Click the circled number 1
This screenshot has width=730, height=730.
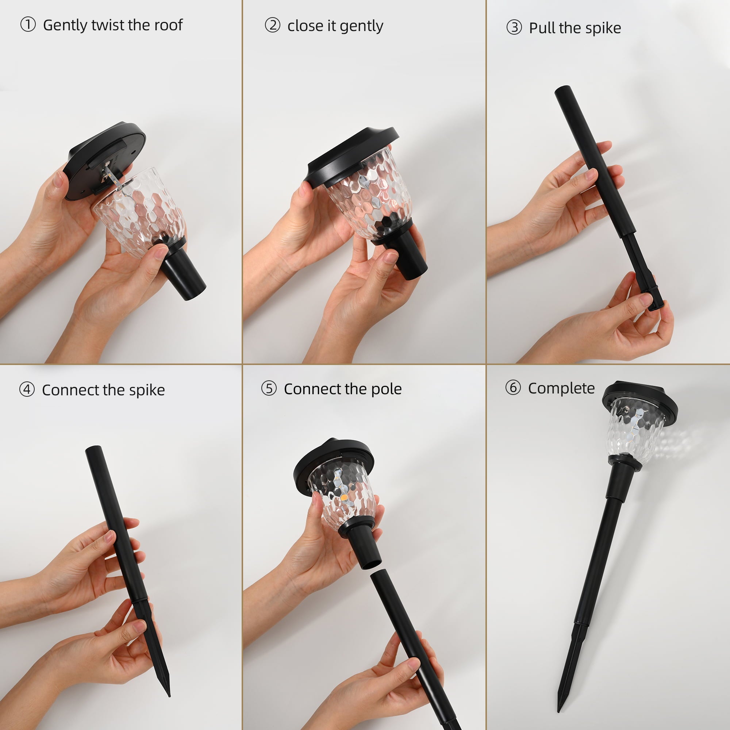pos(28,25)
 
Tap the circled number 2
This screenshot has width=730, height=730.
pos(272,26)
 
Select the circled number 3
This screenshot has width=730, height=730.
pos(514,28)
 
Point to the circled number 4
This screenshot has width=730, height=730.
pos(27,389)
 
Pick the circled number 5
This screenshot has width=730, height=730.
pos(269,388)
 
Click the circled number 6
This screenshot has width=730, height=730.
pos(513,388)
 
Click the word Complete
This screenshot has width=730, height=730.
pos(561,388)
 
